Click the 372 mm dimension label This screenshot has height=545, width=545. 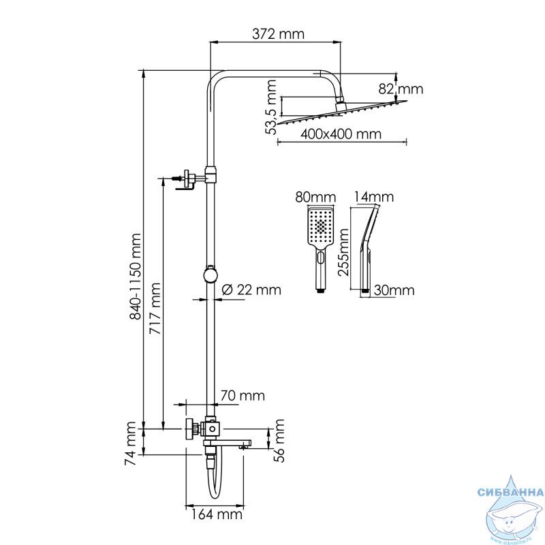pyautogui.click(x=278, y=34)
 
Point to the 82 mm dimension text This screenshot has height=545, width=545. pyautogui.click(x=401, y=89)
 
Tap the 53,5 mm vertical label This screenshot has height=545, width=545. pyautogui.click(x=270, y=107)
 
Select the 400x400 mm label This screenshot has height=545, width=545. pyautogui.click(x=341, y=134)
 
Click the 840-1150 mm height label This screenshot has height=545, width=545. pyautogui.click(x=135, y=277)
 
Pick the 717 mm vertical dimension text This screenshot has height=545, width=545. pyautogui.click(x=155, y=309)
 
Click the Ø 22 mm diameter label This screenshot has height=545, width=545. pyautogui.click(x=251, y=290)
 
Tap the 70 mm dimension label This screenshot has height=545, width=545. pyautogui.click(x=243, y=396)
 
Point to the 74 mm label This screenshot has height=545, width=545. pyautogui.click(x=130, y=443)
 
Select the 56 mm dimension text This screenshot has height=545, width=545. pyautogui.click(x=279, y=440)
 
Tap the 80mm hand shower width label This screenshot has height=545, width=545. pyautogui.click(x=315, y=197)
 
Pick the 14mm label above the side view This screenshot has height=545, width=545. pyautogui.click(x=374, y=197)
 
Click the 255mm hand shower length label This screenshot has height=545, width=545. pyautogui.click(x=343, y=252)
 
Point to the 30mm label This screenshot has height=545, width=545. pyautogui.click(x=394, y=290)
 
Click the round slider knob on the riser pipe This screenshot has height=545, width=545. pyautogui.click(x=210, y=275)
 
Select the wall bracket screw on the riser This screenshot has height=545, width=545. pyautogui.click(x=176, y=178)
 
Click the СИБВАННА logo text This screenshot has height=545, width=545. pyautogui.click(x=510, y=492)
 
